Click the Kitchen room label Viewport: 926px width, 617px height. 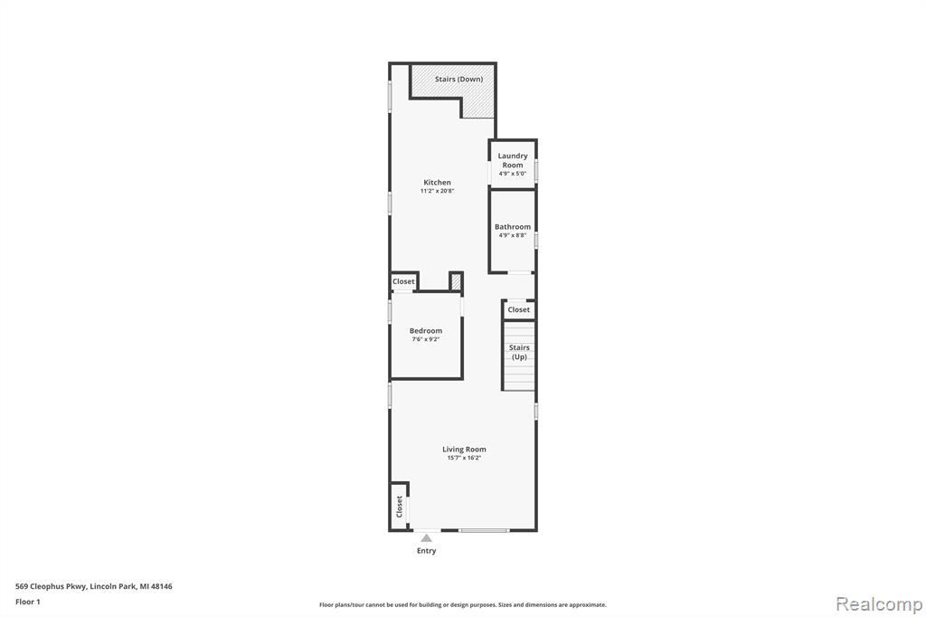437,183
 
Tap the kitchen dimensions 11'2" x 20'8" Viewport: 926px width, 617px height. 437,192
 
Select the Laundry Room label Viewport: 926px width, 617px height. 513,160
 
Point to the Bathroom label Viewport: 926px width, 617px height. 513,227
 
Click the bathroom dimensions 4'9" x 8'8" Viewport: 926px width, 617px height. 513,235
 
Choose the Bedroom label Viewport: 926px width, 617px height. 426,331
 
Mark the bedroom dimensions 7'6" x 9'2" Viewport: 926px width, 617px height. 426,339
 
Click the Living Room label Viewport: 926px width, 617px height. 464,449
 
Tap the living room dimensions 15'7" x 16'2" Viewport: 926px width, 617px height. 464,458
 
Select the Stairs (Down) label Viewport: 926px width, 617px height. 458,80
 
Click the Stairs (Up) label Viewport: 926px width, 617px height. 519,352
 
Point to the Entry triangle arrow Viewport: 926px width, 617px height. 427,537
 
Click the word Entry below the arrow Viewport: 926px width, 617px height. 427,551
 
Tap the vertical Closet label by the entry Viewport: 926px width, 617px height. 399,507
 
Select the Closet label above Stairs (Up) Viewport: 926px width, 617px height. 518,309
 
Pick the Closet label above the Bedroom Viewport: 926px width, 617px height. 403,282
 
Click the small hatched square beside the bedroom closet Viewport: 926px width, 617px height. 456,281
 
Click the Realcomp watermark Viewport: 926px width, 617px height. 879,604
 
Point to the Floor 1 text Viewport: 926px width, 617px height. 28,602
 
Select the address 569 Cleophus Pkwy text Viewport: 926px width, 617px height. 52,586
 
